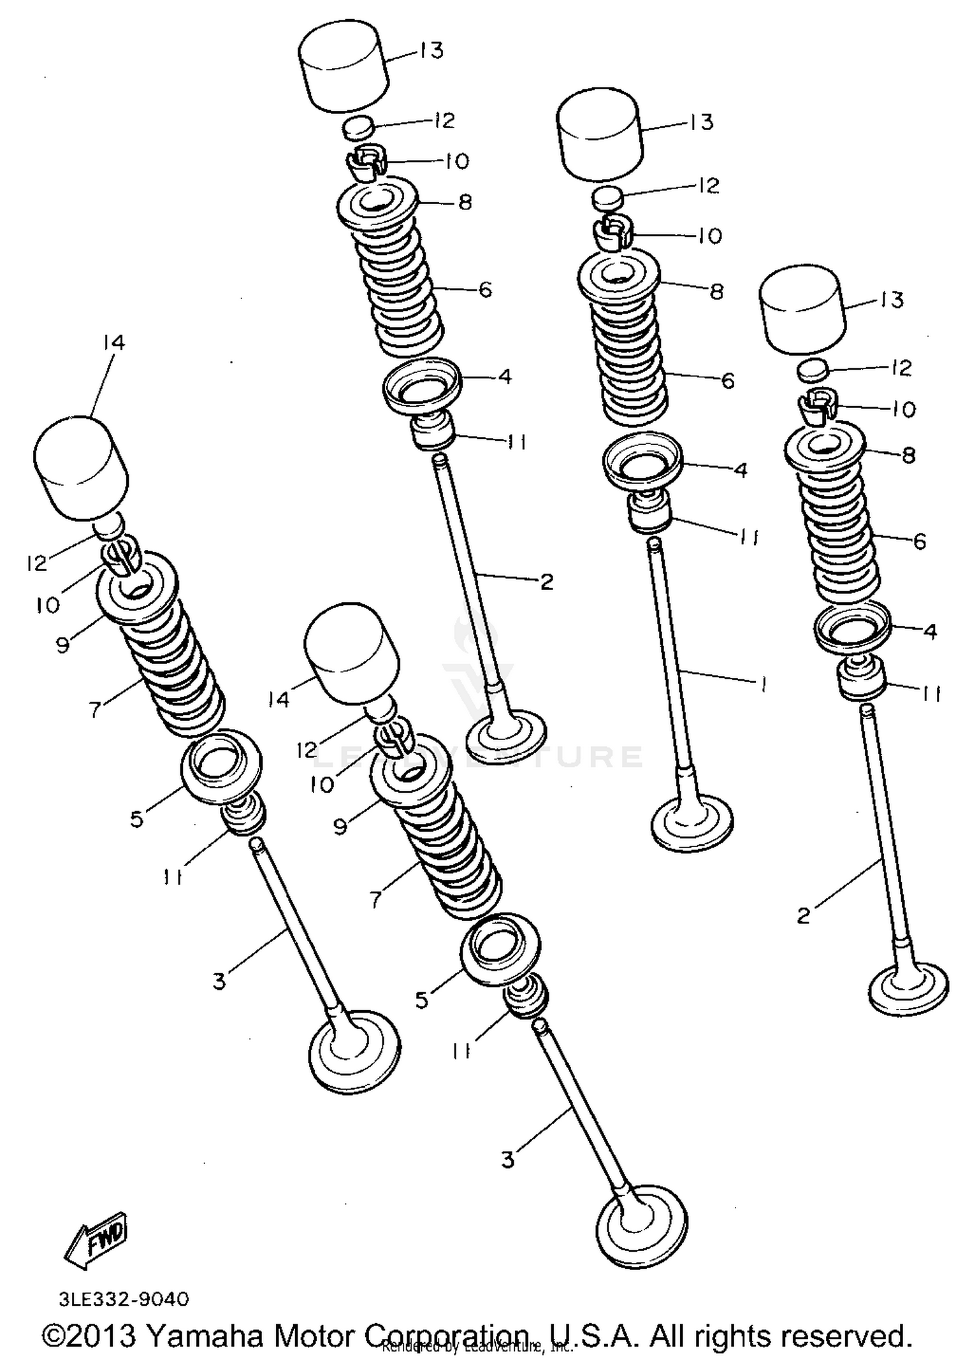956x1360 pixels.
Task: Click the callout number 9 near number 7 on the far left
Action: [x=62, y=645]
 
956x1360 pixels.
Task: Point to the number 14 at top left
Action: [x=113, y=343]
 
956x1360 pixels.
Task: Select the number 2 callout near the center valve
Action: [x=546, y=581]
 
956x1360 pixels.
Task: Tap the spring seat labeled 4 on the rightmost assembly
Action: [x=853, y=630]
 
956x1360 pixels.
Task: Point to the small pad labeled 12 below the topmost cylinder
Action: [x=357, y=126]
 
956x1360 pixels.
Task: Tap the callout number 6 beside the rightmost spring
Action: [x=918, y=541]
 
